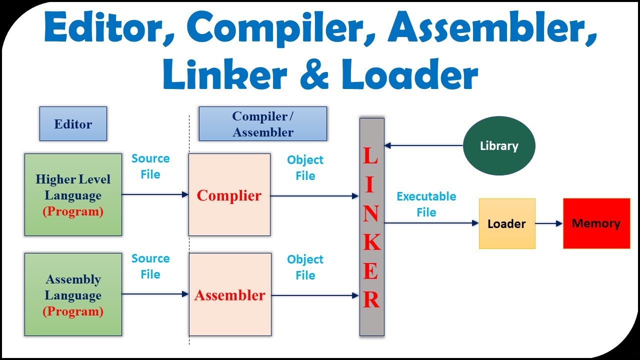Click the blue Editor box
point(73,124)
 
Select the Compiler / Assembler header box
point(262,124)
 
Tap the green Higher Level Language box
point(73,194)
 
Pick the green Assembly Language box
point(73,294)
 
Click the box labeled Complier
point(229,194)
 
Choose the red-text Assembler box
point(229,294)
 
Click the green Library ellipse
point(499,146)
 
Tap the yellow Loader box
point(506,223)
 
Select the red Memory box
point(596,223)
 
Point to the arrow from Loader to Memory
point(549,223)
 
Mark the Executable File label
point(426,204)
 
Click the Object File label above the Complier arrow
point(305,168)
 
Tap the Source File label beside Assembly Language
point(150,266)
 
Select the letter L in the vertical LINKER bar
point(371,156)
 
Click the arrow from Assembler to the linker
point(315,295)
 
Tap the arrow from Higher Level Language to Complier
point(155,194)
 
